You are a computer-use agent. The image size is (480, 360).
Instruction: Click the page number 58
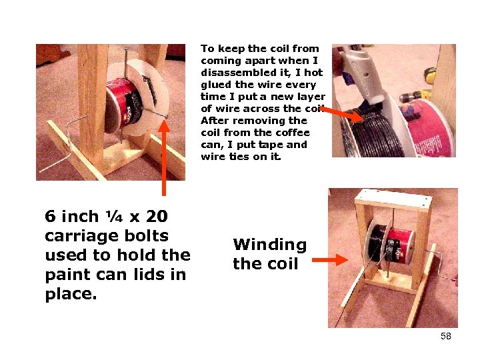446,336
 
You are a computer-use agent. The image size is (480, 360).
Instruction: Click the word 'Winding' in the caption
269,245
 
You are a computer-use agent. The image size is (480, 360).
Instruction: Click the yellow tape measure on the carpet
430,75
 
